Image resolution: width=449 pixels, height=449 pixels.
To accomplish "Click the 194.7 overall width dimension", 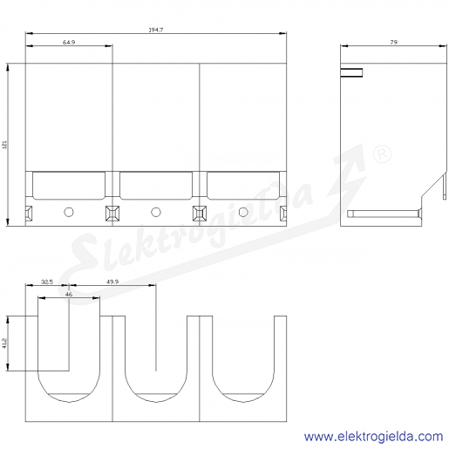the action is [x=156, y=30].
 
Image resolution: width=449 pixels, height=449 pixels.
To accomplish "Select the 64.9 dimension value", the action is [x=69, y=42].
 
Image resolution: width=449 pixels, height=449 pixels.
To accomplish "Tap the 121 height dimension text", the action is [x=4, y=145].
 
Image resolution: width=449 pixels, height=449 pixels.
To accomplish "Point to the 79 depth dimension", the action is [x=393, y=42].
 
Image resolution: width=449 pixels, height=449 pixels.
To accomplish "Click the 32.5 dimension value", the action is [x=47, y=282].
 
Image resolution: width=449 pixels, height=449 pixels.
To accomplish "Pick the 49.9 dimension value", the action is [x=112, y=282].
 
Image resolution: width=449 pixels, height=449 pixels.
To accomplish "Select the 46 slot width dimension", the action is [x=69, y=294].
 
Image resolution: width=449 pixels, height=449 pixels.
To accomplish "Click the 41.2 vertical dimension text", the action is [x=4, y=344].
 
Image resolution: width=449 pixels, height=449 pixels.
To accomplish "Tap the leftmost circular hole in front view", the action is [x=69, y=212].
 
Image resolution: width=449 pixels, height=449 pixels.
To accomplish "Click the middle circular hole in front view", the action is [x=156, y=212].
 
